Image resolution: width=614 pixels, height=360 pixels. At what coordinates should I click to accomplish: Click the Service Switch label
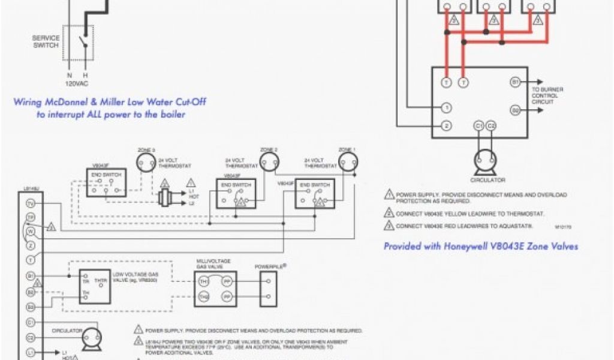pyautogui.click(x=46, y=41)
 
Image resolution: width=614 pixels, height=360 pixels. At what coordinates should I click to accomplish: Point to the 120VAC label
pyautogui.click(x=77, y=83)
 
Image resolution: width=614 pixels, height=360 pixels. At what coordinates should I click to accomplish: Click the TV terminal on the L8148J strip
pyautogui.click(x=31, y=203)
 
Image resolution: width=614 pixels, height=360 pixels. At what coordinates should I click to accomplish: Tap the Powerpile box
pyautogui.click(x=267, y=288)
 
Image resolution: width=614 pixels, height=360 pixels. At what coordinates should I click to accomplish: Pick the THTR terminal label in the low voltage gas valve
pyautogui.click(x=101, y=280)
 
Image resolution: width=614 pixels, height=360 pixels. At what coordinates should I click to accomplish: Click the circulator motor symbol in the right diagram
pyautogui.click(x=485, y=161)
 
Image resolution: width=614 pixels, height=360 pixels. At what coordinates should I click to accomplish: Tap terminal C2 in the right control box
pyautogui.click(x=492, y=125)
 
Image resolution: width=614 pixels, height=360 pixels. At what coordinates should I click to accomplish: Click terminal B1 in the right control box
pyautogui.click(x=515, y=81)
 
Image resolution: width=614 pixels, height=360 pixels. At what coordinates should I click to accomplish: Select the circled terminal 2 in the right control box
pyautogui.click(x=446, y=125)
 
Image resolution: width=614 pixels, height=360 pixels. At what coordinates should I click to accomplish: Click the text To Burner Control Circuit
pyautogui.click(x=547, y=95)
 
